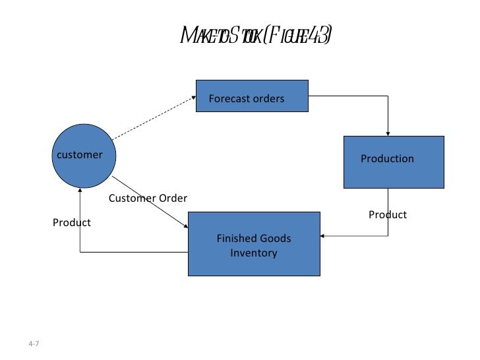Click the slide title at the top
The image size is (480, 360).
point(256,36)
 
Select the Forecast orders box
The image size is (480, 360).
point(252,96)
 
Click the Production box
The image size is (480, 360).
point(394,162)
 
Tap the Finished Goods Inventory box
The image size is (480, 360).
point(254,244)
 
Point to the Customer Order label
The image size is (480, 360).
point(148,198)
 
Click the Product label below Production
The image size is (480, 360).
point(388,215)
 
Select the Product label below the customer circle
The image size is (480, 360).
point(72,223)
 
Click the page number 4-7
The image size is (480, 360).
point(34,344)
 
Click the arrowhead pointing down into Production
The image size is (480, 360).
point(389,133)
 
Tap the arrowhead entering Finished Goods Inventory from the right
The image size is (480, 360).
point(324,235)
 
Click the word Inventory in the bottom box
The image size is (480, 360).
point(254,253)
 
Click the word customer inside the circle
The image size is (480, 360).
point(80,155)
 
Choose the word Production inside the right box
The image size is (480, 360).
point(387,159)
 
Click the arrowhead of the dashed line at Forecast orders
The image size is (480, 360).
point(193,98)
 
